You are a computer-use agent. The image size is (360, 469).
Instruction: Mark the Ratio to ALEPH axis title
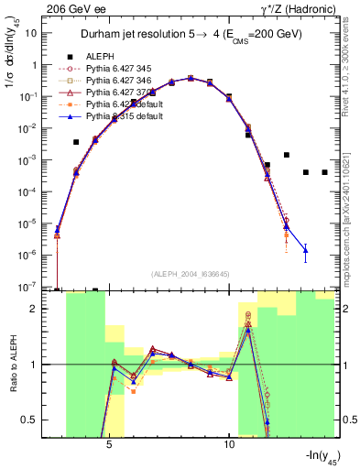(14, 365)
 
